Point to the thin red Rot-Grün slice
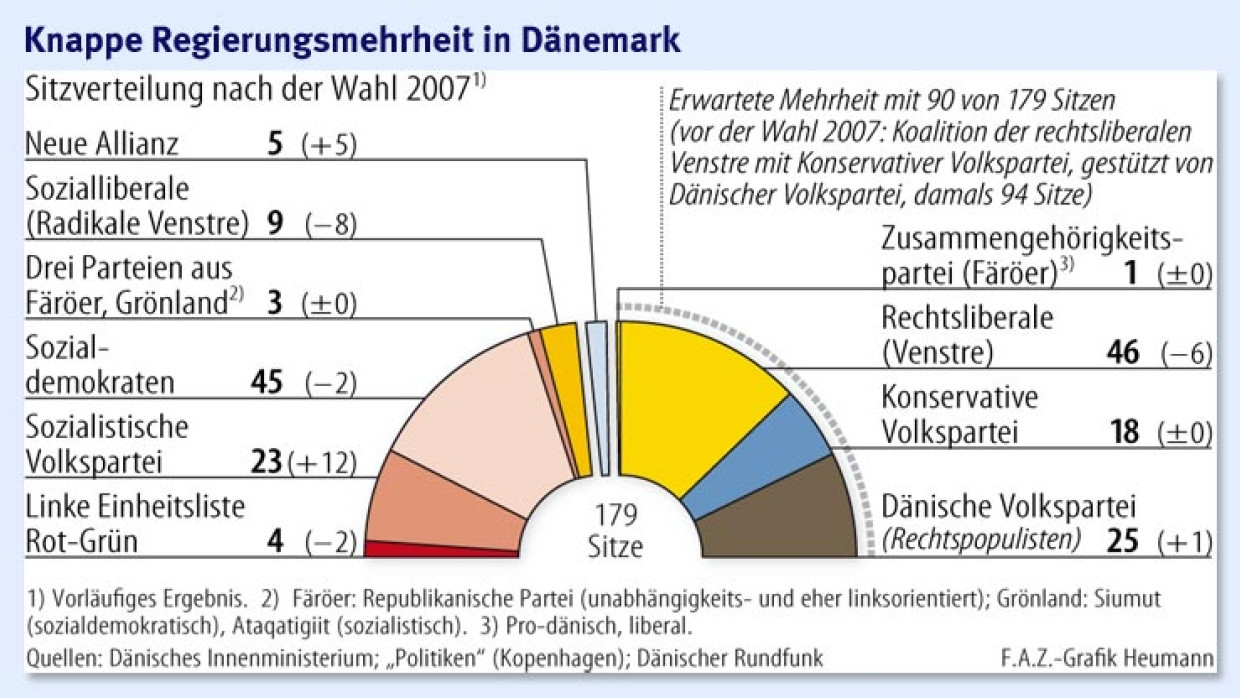[x=440, y=548]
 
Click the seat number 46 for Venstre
[x=1123, y=352]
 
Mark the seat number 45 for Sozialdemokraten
[x=267, y=381]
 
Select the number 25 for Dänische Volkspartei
[x=1123, y=541]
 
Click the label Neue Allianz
[x=102, y=144]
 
